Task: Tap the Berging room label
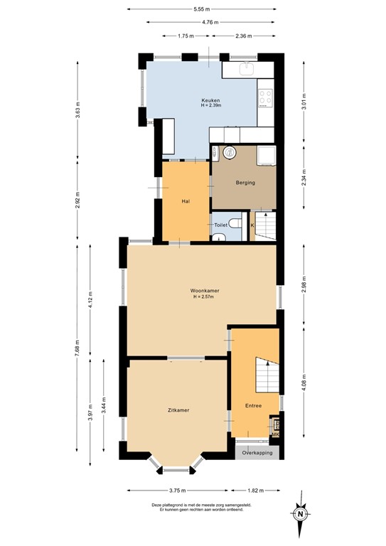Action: (245, 183)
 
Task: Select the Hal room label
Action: (186, 201)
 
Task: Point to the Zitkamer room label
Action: (178, 410)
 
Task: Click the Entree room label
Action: (252, 406)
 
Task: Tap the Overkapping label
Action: (257, 452)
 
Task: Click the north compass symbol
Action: (301, 514)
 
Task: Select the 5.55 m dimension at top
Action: (201, 9)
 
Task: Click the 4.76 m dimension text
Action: (210, 22)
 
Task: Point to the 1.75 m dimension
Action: (186, 36)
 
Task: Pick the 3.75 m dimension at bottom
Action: (178, 491)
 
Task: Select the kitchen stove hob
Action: (266, 97)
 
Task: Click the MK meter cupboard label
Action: (276, 434)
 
